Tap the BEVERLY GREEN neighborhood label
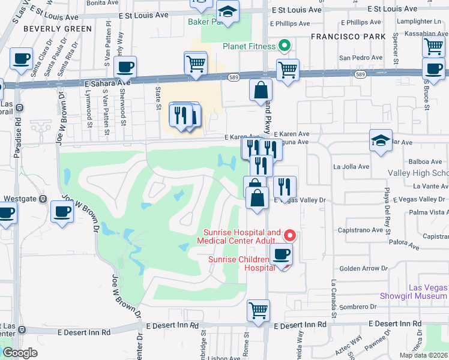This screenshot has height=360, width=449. point(49,29)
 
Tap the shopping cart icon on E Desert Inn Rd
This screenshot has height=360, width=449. point(259,311)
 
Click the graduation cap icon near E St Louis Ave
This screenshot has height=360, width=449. point(228,11)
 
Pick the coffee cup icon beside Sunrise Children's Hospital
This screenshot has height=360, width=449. point(280,254)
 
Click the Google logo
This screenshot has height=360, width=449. point(20,353)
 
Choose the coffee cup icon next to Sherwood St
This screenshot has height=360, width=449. point(125,67)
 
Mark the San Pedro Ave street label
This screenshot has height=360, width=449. point(361,58)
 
